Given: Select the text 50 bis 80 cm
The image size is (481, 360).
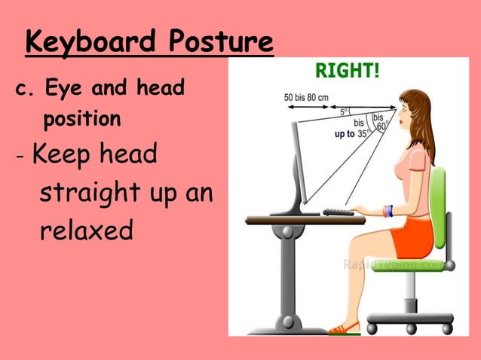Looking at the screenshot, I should point(308,97).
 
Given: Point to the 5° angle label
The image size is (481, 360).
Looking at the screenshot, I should point(344,111).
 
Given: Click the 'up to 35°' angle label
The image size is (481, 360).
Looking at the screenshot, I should point(352,133).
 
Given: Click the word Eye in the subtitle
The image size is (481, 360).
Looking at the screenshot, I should point(63,89).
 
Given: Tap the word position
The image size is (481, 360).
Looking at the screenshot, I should point(81,120).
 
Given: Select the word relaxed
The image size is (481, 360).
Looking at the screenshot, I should point(86,230).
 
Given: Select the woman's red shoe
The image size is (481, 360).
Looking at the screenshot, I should point(345,328).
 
